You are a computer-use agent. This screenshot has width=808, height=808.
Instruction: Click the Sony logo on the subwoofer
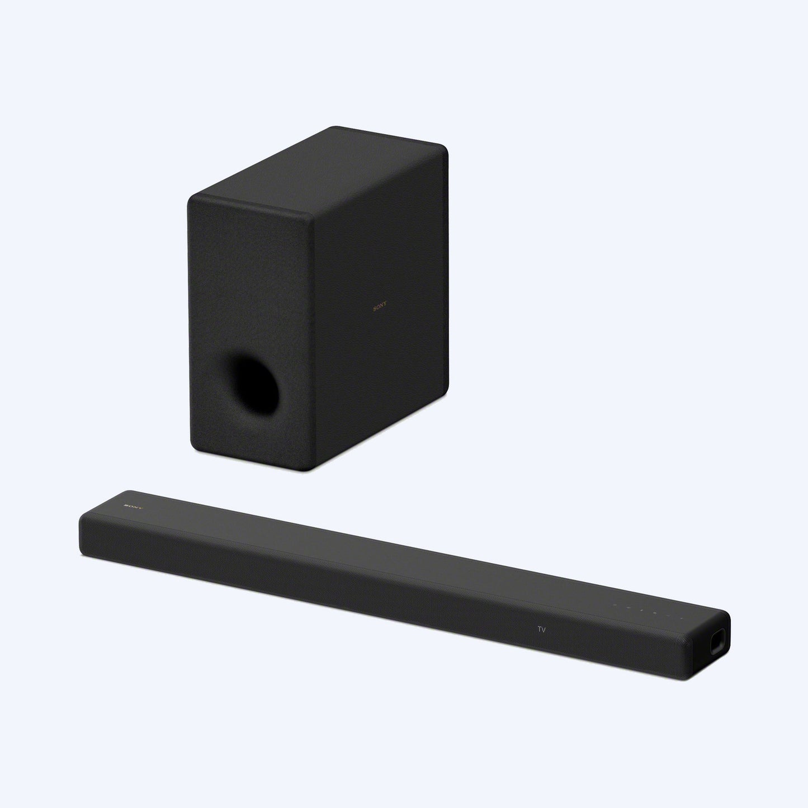point(380,307)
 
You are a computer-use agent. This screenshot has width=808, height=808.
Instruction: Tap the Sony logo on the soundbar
point(135,506)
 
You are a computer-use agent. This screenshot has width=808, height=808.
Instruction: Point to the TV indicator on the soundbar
point(541,629)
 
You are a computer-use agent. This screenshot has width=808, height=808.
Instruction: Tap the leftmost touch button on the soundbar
point(615,605)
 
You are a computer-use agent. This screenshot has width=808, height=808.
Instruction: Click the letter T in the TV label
point(539,629)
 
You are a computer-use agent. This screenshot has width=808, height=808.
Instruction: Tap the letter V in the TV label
point(543,630)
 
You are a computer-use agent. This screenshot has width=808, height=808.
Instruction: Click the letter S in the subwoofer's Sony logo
point(374,306)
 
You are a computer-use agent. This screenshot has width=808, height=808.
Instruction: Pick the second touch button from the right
point(669,616)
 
